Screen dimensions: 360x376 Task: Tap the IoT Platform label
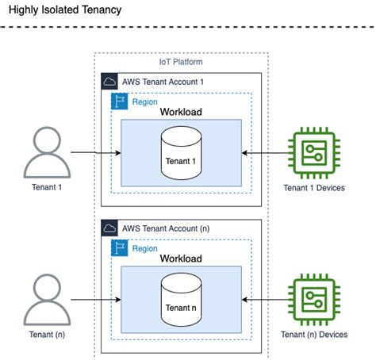point(181,62)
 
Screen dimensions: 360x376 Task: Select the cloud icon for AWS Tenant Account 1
point(110,82)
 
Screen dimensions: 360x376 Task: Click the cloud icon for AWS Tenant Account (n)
point(110,228)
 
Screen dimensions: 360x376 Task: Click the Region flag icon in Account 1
point(120,101)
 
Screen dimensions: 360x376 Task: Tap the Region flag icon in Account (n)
point(120,247)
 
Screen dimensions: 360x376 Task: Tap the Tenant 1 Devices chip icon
point(316,153)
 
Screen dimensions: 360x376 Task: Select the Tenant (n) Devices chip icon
point(316,299)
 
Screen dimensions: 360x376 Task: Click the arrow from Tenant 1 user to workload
point(95,153)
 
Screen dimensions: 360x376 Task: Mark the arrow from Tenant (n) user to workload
point(95,299)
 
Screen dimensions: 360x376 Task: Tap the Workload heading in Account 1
point(181,113)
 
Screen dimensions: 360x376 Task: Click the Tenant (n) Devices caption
point(316,335)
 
